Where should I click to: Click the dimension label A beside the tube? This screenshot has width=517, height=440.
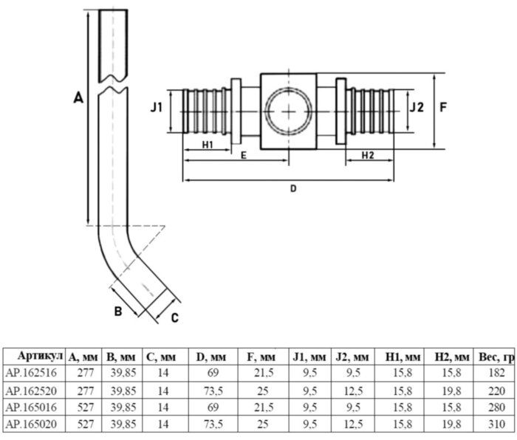(x=79, y=97)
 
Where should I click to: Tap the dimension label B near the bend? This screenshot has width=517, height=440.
(x=117, y=311)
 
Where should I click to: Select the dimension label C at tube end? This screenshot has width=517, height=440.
(x=174, y=318)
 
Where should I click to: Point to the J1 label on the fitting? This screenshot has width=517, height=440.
(x=156, y=108)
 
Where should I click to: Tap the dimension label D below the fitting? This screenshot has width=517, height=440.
(x=292, y=188)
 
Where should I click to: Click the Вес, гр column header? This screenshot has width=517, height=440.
(x=495, y=356)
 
